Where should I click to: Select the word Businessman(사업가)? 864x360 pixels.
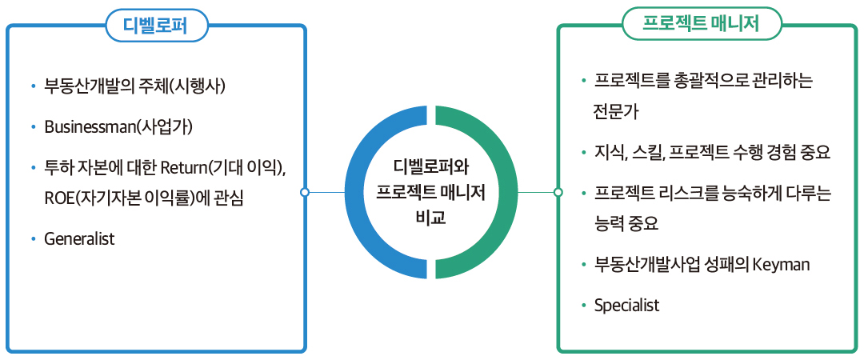pyautogui.click(x=118, y=127)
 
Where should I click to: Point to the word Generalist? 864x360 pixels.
pyautogui.click(x=80, y=238)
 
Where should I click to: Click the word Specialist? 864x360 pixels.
pyautogui.click(x=627, y=305)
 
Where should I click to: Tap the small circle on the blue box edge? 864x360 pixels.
pyautogui.click(x=305, y=192)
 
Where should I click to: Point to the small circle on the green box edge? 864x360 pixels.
pyautogui.click(x=558, y=192)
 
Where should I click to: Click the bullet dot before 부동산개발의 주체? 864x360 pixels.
pyautogui.click(x=32, y=86)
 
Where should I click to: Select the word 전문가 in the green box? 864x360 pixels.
pyautogui.click(x=613, y=110)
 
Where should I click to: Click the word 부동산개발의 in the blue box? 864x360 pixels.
pyautogui.click(x=90, y=85)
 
